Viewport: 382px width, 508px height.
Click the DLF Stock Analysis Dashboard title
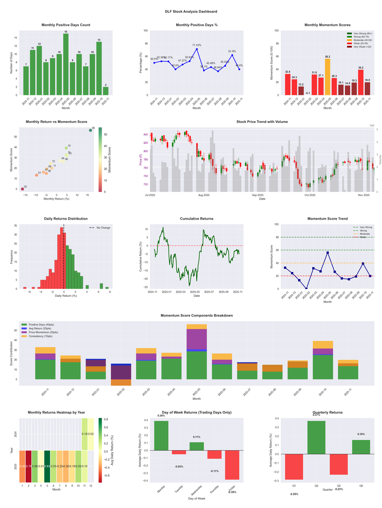(191, 11)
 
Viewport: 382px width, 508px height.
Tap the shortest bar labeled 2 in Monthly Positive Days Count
(106, 91)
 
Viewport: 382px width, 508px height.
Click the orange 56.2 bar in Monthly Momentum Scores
(328, 76)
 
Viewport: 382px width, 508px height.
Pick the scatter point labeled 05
(90, 130)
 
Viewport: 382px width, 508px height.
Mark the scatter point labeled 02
(22, 189)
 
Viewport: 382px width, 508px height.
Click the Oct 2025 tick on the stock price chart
(310, 195)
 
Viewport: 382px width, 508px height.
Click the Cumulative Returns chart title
(197, 218)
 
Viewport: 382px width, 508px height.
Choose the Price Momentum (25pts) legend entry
(44, 332)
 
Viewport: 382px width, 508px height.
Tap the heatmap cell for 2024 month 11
(84, 434)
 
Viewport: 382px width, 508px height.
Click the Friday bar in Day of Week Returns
(232, 465)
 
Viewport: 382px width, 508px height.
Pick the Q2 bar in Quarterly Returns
(317, 437)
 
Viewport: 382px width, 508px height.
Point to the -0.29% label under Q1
(294, 494)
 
